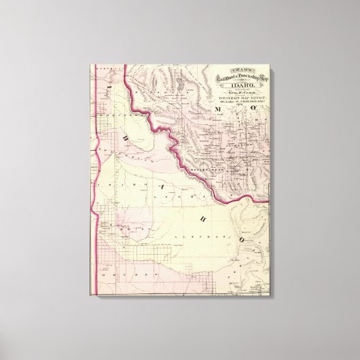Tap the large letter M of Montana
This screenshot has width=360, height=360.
[218, 108]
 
